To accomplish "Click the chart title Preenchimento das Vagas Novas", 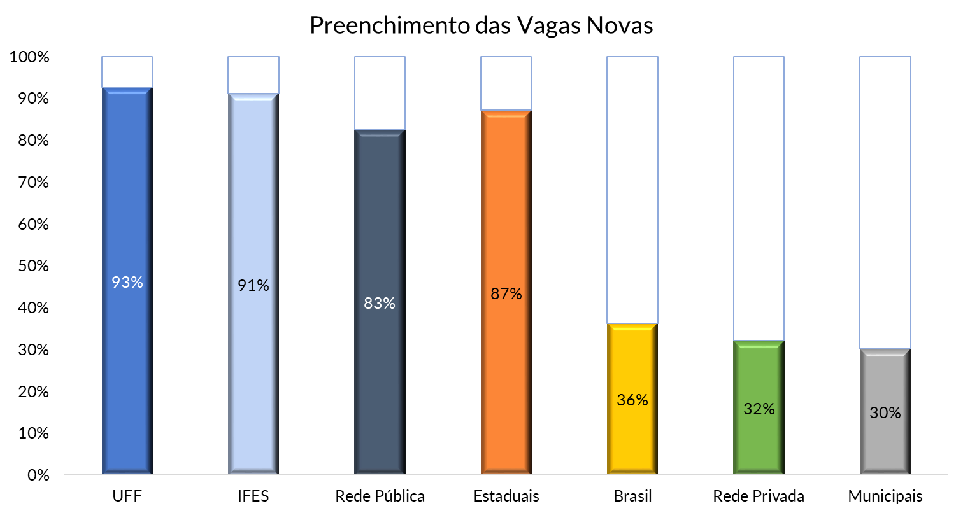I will click(x=481, y=25).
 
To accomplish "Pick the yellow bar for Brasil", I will click(x=632, y=433).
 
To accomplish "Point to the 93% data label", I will click(x=127, y=282).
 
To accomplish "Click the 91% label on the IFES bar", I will click(x=253, y=286).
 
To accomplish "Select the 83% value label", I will click(x=380, y=303).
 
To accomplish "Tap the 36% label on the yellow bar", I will click(x=632, y=400).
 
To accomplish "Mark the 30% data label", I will click(x=885, y=412).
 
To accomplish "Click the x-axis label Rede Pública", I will click(x=380, y=496).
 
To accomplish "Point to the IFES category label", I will click(x=253, y=496).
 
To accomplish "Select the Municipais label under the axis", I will click(x=885, y=496).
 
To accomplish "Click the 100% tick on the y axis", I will click(x=29, y=57).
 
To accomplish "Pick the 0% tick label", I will click(x=36, y=475).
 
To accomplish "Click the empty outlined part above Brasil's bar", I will click(x=632, y=191).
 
